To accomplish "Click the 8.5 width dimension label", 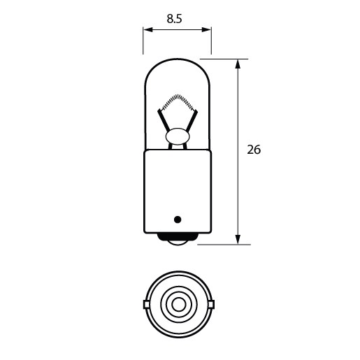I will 175,20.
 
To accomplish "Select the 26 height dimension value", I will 254,150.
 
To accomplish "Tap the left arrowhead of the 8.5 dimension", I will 147,29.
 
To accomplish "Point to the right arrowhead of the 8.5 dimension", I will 208,29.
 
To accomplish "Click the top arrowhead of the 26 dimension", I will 239,64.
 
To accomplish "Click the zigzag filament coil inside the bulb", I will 178,101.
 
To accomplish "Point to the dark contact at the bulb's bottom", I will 178,242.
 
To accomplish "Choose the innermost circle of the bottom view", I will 178,304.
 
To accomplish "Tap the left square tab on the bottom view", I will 146,304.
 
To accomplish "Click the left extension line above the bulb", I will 143,41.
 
